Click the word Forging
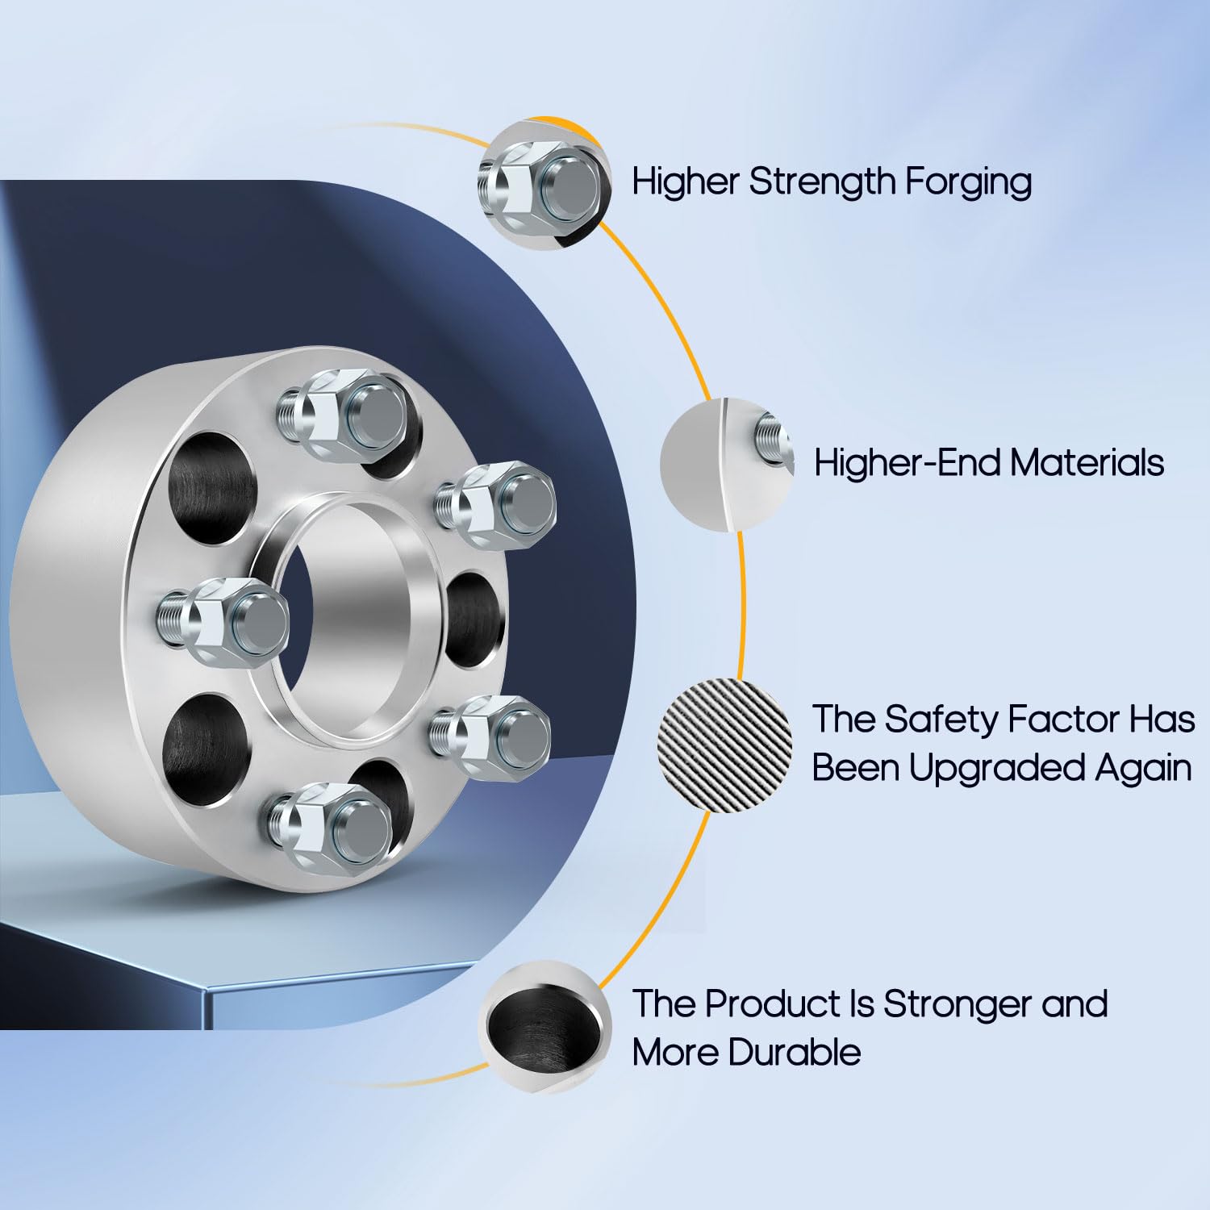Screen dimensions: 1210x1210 [968, 182]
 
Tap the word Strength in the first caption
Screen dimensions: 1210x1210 [822, 181]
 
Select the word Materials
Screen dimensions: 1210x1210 [1087, 463]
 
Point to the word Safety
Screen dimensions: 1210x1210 [942, 719]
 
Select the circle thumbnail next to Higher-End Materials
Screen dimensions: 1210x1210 [727, 464]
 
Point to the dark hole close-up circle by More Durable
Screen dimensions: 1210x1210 [545, 1027]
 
